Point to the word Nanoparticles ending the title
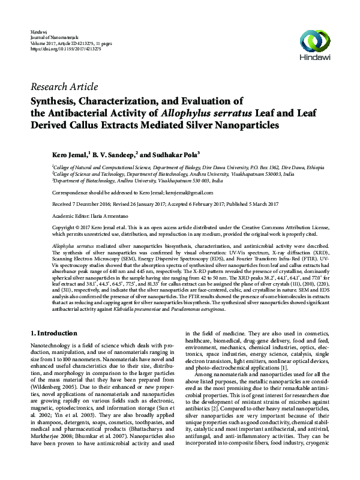tap(241, 126)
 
